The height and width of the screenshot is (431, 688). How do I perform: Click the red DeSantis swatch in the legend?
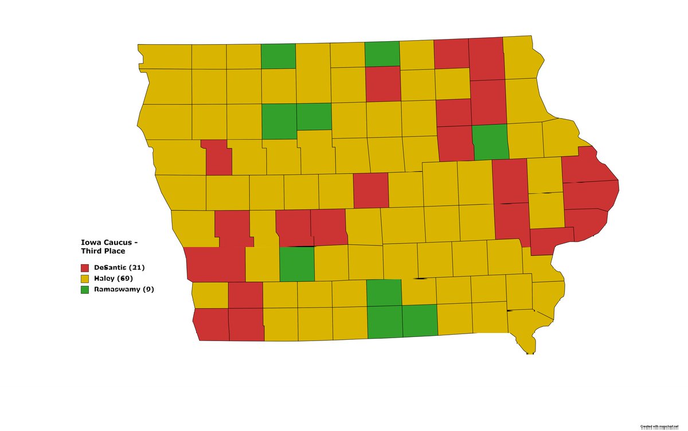(x=85, y=268)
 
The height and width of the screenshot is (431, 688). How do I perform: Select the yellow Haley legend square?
(x=85, y=279)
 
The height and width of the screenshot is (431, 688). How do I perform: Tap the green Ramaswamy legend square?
(x=85, y=289)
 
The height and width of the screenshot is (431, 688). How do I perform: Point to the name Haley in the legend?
(x=104, y=279)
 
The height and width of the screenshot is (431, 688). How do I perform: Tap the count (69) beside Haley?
(x=125, y=279)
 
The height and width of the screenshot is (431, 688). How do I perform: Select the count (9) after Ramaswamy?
(x=148, y=289)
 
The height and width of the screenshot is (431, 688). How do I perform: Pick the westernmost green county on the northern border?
(x=279, y=56)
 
